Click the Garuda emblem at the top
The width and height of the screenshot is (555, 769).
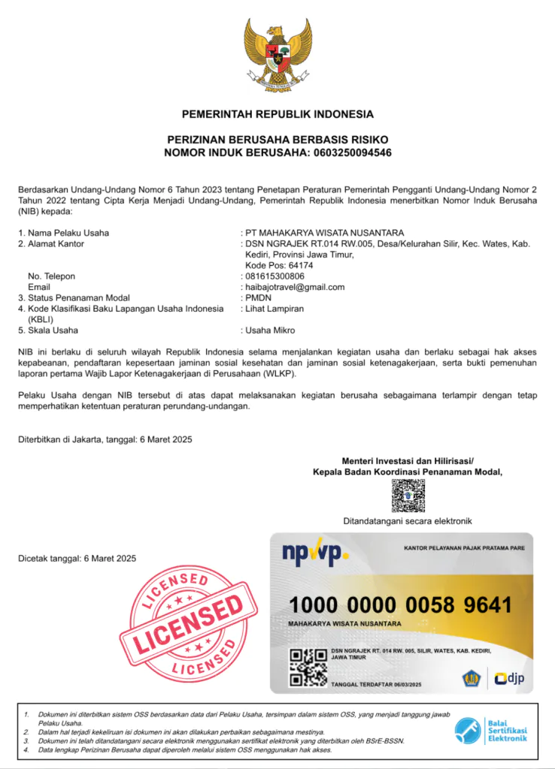[277, 55]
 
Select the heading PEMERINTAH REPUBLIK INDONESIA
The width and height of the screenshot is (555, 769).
[277, 114]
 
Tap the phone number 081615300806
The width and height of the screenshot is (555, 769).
[274, 276]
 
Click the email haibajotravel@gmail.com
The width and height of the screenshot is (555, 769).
[295, 287]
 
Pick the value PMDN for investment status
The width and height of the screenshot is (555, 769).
[258, 297]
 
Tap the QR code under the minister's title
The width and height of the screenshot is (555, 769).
[408, 496]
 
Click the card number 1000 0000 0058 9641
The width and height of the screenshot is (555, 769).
[400, 605]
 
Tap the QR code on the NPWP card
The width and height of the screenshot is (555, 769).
[308, 667]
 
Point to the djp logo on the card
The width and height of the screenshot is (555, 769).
[509, 679]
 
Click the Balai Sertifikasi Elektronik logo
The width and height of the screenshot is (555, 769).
[491, 729]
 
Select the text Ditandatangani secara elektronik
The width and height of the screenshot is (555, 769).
[408, 520]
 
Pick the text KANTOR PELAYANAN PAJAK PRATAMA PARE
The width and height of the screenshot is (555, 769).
[464, 548]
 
